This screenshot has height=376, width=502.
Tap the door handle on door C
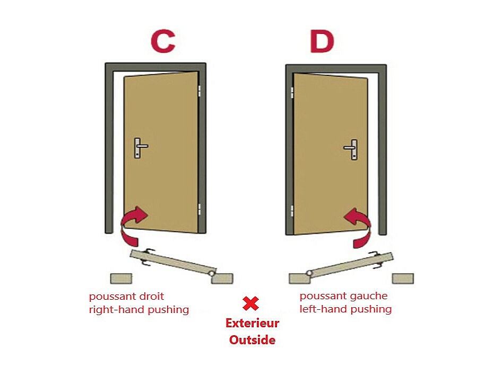(140, 148)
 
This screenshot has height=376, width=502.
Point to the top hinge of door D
(292, 93)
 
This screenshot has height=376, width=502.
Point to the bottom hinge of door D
(292, 211)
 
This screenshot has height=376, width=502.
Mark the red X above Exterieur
(250, 303)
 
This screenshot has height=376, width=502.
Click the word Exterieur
(252, 323)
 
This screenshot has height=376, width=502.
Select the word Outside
(252, 339)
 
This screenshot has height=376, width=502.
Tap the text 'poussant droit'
(126, 296)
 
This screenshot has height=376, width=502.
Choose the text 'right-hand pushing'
(139, 309)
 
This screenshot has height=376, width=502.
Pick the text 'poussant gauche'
(343, 296)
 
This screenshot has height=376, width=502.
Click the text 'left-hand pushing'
(345, 309)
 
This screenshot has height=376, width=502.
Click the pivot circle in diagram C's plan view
(212, 273)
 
